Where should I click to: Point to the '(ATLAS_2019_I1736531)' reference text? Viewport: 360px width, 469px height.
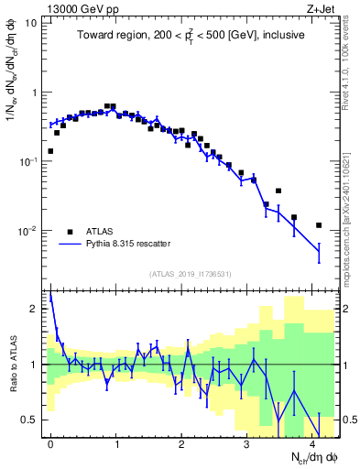tap(191, 274)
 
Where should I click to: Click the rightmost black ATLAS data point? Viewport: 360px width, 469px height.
tap(319, 225)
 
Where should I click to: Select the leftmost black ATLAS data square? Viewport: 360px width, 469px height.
tap(50, 151)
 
